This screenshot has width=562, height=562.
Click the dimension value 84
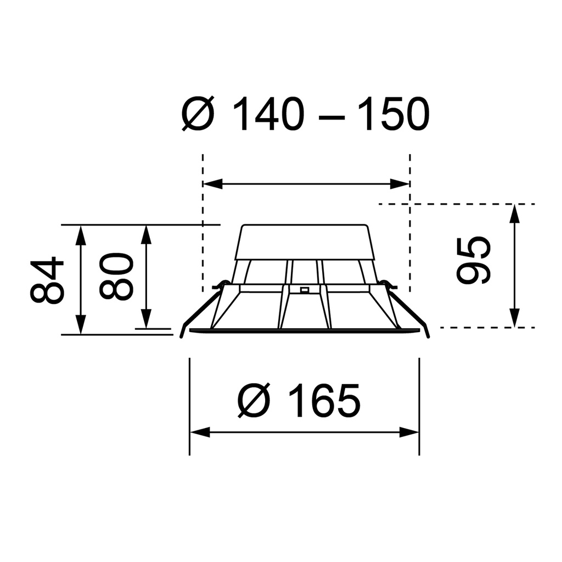click(x=47, y=280)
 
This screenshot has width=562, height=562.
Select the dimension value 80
click(x=116, y=276)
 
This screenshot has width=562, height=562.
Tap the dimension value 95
click(x=473, y=260)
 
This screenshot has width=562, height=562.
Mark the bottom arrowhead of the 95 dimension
click(x=514, y=318)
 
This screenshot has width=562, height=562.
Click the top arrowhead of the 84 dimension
click(x=81, y=234)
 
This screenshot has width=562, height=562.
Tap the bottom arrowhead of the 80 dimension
click(x=146, y=318)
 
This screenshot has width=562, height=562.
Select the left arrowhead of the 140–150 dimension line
click(x=213, y=184)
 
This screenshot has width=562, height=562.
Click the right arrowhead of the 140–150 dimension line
click(x=400, y=184)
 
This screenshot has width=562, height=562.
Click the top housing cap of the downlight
click(x=305, y=241)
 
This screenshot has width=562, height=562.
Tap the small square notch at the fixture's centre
click(x=304, y=289)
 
